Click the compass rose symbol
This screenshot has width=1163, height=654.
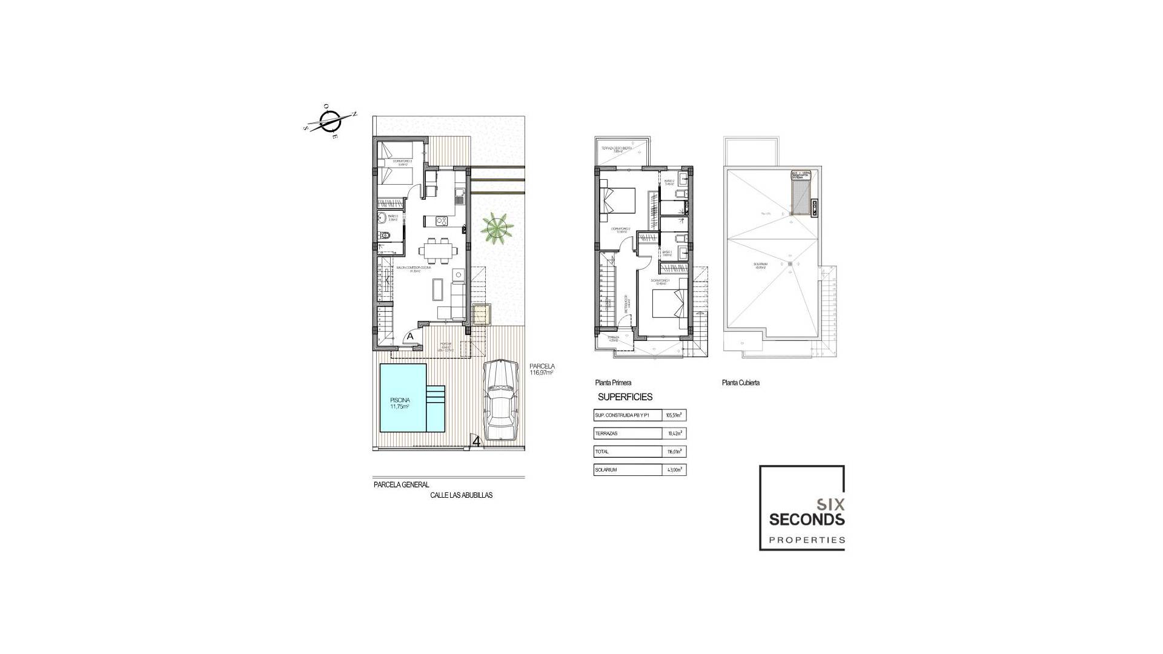pyautogui.click(x=331, y=122)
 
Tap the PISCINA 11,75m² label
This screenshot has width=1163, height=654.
pyautogui.click(x=400, y=403)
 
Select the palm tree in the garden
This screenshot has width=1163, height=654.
pyautogui.click(x=497, y=228)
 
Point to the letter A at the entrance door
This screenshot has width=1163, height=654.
pyautogui.click(x=410, y=336)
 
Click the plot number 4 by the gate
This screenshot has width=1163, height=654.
pyautogui.click(x=477, y=441)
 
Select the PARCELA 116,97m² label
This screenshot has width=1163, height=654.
pyautogui.click(x=542, y=369)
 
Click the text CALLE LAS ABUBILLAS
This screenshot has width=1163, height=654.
pyautogui.click(x=461, y=495)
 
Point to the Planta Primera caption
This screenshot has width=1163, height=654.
pyautogui.click(x=613, y=383)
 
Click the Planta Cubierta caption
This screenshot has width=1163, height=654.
pyautogui.click(x=740, y=383)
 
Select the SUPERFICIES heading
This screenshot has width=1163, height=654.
pyautogui.click(x=625, y=397)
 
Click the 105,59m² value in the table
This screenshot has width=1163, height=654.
pyautogui.click(x=674, y=415)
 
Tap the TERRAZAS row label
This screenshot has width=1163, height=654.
pyautogui.click(x=606, y=434)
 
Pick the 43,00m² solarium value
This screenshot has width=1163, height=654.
pyautogui.click(x=674, y=470)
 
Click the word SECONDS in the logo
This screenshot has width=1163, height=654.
pyautogui.click(x=806, y=519)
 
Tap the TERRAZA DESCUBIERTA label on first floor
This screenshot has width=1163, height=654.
pyautogui.click(x=617, y=149)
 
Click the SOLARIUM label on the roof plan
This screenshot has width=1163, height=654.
pyautogui.click(x=761, y=265)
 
